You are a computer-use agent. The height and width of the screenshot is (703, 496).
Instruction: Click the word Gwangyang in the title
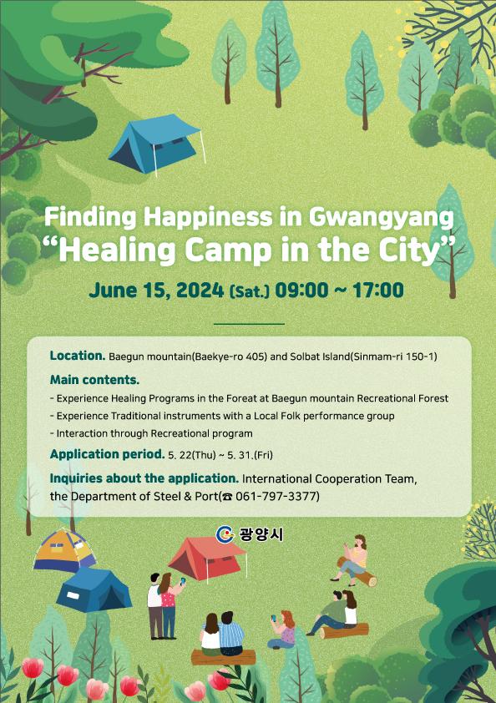pos(382,218)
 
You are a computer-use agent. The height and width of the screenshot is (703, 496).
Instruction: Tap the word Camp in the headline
pos(228,250)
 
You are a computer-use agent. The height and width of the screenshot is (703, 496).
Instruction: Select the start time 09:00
pos(301,290)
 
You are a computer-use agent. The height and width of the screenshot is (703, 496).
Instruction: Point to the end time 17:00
pos(378,290)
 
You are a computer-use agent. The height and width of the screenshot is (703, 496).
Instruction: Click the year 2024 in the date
pos(200,290)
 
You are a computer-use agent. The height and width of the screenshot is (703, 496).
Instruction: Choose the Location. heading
pos(78,356)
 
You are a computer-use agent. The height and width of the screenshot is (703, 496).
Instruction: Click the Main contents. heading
pos(94,380)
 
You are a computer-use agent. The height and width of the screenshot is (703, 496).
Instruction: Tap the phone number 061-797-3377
pos(276,496)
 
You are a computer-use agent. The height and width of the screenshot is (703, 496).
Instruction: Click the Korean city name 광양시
pos(261,534)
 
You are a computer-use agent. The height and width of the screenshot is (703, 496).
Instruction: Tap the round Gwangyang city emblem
pos(225,534)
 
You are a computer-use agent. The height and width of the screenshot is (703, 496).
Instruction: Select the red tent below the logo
pos(207,559)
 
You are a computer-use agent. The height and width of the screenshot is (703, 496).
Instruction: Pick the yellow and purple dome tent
pos(64,550)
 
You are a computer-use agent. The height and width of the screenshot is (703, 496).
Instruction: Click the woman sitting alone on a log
pos(353,560)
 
